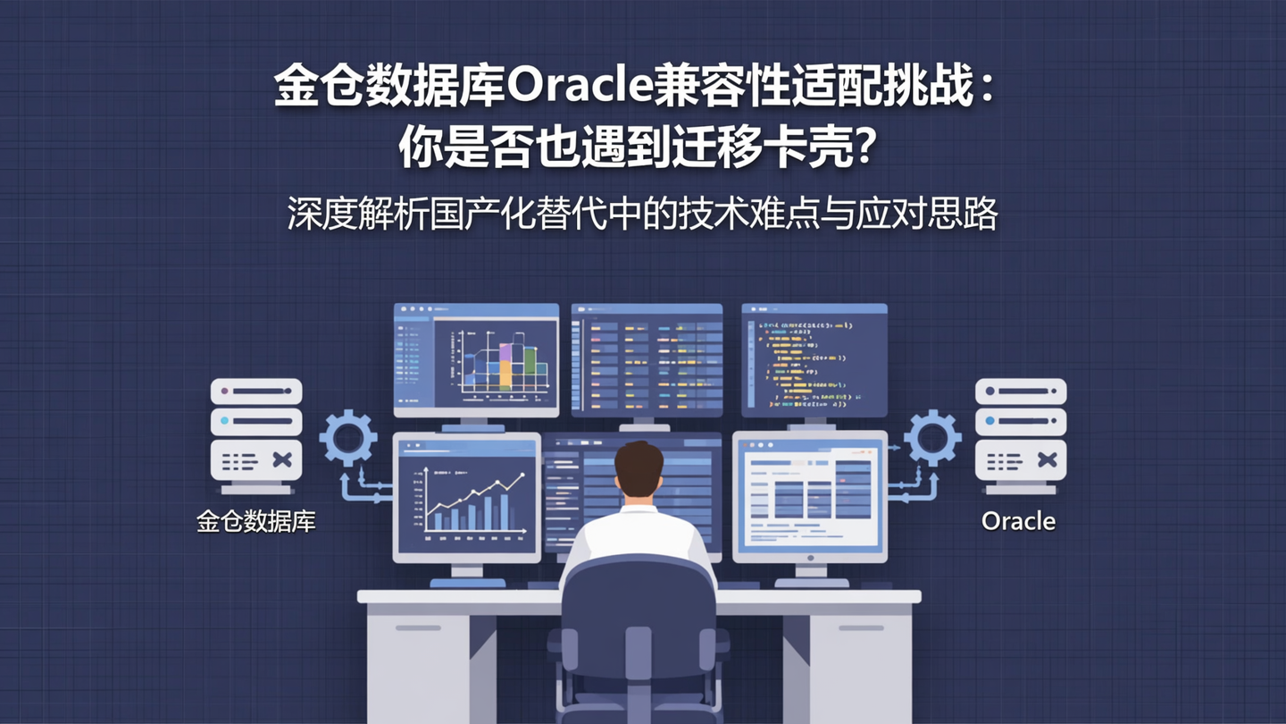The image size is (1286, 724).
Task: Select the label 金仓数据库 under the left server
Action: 256,521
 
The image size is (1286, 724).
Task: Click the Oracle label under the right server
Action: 1018,521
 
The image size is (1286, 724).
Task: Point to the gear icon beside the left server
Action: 347,438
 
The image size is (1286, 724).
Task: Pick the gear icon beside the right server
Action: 931,438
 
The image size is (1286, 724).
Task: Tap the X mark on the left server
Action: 282,460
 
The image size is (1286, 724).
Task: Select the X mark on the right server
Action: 1047,460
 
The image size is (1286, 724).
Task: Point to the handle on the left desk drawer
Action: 418,627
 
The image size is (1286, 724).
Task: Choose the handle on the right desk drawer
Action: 861,627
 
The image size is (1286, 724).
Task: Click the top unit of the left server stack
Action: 256,391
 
